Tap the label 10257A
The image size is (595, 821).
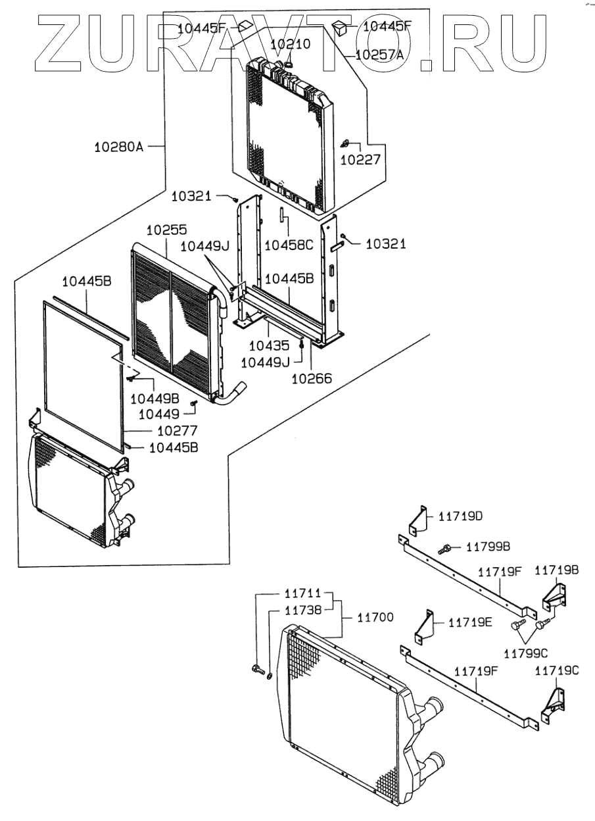(x=379, y=55)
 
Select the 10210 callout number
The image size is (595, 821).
(x=290, y=44)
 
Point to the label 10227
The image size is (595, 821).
(x=361, y=159)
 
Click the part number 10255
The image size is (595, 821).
(x=166, y=230)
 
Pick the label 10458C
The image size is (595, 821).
(x=289, y=245)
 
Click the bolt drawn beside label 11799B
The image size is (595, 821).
(x=446, y=547)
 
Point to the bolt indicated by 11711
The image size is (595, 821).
(x=256, y=670)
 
